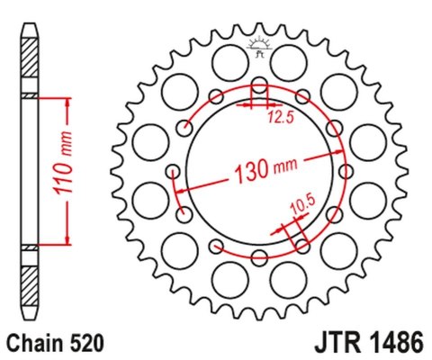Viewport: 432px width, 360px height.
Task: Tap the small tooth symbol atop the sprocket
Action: pos(259,47)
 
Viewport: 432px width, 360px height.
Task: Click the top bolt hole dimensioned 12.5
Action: pos(259,86)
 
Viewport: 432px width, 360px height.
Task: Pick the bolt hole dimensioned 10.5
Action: pos(301,243)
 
